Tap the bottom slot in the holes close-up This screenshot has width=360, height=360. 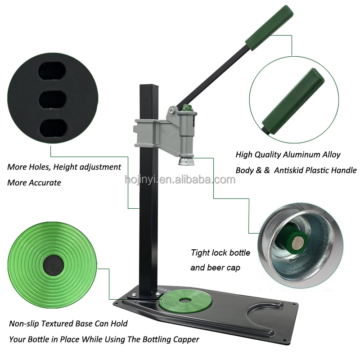(x=53, y=128)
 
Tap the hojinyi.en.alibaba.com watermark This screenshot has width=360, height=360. (x=180, y=180)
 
